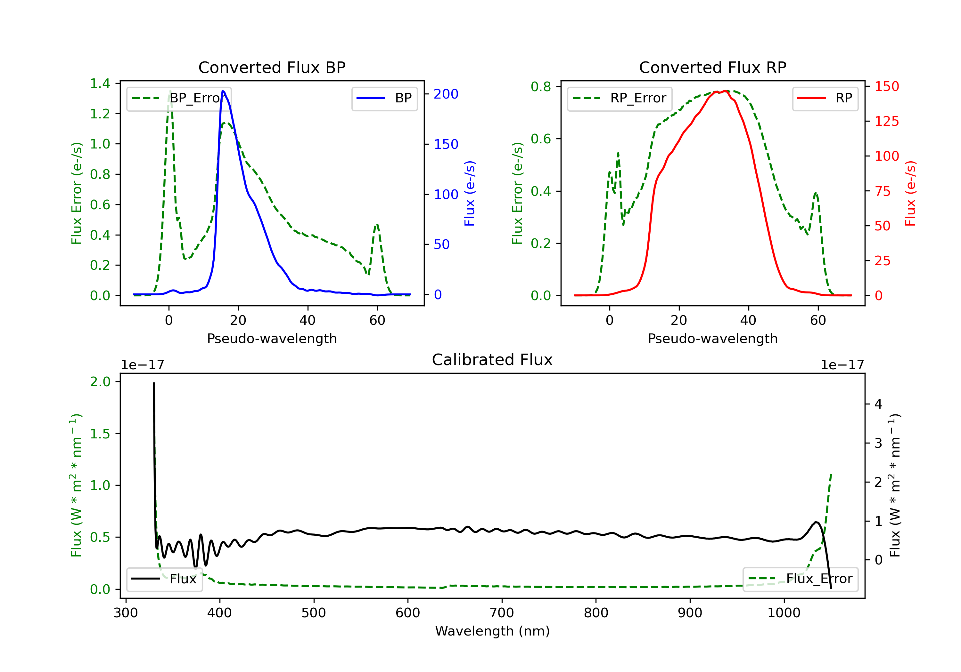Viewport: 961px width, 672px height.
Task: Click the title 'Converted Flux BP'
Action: click(x=272, y=67)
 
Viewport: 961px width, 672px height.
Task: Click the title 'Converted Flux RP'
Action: click(x=712, y=67)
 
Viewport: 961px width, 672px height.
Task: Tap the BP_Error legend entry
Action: click(x=179, y=98)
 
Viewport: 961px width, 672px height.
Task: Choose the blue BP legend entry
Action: click(x=384, y=98)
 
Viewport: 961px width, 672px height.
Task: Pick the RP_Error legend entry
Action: click(x=620, y=98)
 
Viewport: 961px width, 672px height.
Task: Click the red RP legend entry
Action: click(x=825, y=98)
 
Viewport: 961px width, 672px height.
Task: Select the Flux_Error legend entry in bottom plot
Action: click(x=800, y=579)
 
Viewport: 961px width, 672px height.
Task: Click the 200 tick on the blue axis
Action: click(x=446, y=94)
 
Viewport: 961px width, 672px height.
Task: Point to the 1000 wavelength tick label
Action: click(x=784, y=613)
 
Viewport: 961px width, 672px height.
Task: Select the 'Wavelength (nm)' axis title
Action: click(x=492, y=631)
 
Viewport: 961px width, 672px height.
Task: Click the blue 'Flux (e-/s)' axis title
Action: click(x=470, y=194)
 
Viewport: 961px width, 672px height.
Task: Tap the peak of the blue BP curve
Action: click(x=223, y=91)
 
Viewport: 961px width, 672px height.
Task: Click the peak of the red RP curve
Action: click(x=726, y=91)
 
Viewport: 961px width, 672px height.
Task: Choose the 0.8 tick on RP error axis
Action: click(x=541, y=87)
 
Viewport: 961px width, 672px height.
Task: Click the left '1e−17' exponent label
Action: click(x=142, y=365)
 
